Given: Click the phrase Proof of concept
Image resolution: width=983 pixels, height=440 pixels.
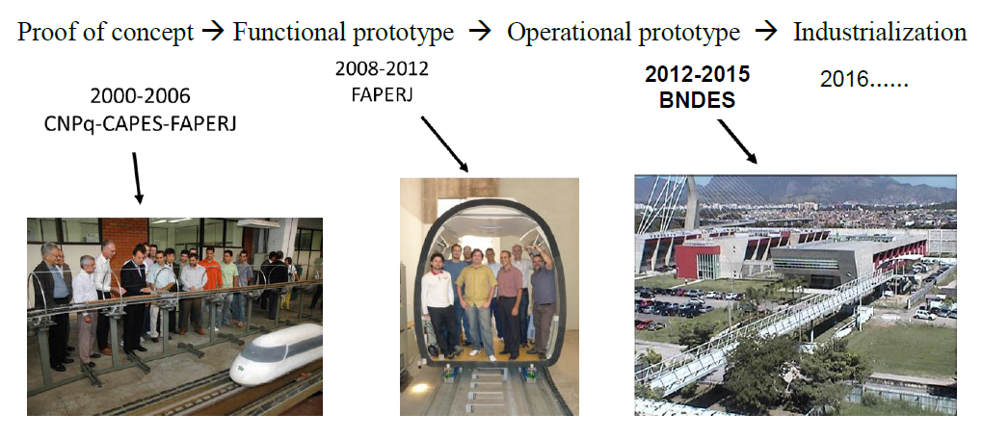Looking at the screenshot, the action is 105,32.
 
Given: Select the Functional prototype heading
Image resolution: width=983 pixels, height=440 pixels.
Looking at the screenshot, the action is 343,32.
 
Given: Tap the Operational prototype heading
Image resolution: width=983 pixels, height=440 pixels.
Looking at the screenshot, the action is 624,32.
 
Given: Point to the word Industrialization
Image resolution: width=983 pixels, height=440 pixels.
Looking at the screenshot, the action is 880,32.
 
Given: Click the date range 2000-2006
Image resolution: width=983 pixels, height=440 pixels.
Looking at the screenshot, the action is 140,97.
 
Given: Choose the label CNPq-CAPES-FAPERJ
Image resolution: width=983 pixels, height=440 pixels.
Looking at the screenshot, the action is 140,124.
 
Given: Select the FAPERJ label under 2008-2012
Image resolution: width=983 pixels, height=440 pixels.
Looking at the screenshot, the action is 382,95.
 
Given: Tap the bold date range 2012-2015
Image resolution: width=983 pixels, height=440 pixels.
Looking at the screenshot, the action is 697,74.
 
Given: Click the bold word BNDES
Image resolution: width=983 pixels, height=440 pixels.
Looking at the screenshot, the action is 697,100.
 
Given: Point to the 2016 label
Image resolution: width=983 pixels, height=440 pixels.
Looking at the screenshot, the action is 863,80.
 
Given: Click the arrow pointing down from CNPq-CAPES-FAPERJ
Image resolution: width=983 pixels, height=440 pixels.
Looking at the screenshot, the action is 136,178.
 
